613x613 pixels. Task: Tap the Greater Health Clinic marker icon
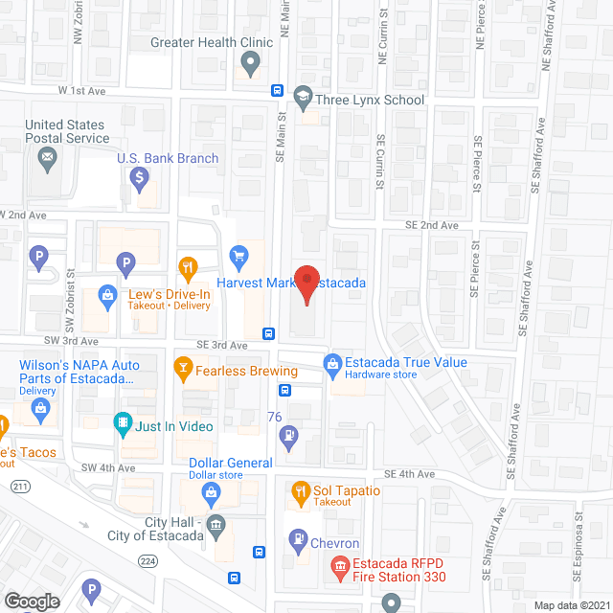point(250,64)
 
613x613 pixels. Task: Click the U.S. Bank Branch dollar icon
point(140,177)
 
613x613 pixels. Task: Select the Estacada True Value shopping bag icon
point(332,363)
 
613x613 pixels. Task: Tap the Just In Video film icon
point(123,421)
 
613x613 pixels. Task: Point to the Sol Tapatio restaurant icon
point(301,492)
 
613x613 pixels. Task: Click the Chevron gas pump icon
point(297,541)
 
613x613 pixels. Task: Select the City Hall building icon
point(216,524)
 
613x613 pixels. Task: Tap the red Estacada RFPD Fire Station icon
point(338,567)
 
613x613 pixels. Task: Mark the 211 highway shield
point(18,488)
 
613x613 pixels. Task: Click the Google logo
point(31,602)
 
